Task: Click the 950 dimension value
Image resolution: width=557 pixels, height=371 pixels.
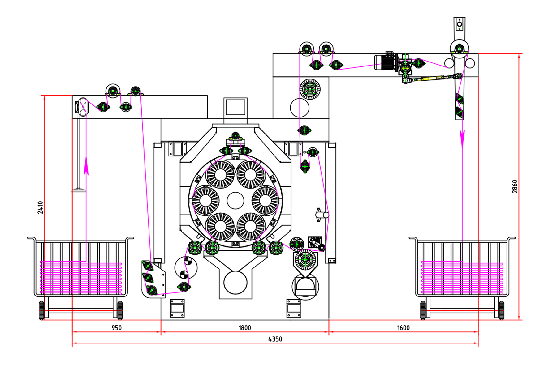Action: coord(116,328)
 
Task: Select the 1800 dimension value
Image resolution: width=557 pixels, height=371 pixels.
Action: coord(244,328)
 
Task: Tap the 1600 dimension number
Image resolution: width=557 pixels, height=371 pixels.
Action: coord(403,328)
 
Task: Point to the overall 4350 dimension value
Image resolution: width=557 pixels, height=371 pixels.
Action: coord(275,339)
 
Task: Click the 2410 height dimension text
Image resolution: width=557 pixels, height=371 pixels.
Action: coord(41,207)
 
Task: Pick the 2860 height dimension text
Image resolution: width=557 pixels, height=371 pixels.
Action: coord(515,186)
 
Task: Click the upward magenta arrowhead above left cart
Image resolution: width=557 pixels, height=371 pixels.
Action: coord(86,168)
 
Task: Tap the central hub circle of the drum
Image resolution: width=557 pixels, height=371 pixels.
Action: coord(235,200)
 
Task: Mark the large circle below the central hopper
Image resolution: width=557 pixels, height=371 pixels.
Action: coord(235,282)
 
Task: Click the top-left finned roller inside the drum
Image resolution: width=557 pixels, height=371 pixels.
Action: coord(220,175)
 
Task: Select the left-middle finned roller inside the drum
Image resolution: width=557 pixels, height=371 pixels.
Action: coord(205,200)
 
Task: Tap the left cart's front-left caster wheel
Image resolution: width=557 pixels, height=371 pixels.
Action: coord(42,310)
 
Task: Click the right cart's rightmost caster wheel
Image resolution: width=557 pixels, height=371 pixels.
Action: coord(501,310)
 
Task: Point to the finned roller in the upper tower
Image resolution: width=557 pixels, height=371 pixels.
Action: coord(310,89)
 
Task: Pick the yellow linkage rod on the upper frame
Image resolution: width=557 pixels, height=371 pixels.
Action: coord(430,79)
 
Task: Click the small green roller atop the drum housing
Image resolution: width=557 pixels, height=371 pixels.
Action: coord(235,136)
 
